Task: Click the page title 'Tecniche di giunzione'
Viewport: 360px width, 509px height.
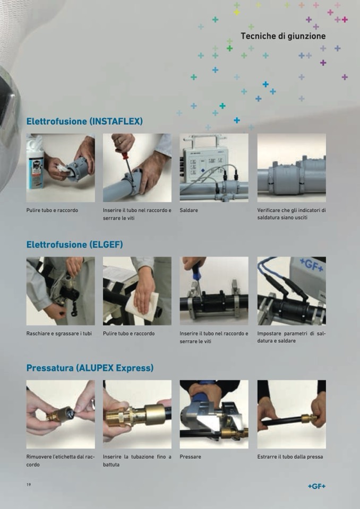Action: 283,36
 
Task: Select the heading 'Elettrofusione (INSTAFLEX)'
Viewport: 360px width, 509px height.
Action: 84,122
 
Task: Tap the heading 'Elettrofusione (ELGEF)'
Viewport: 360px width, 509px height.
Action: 75,245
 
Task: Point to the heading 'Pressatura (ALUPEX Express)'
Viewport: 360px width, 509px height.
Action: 90,368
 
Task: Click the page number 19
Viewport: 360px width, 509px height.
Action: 29,485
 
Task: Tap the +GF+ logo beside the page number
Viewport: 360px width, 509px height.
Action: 316,486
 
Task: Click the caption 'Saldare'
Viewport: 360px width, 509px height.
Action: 188,210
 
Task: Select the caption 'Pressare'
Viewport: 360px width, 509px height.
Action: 190,457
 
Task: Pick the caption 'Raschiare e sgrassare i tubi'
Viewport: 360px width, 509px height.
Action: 59,333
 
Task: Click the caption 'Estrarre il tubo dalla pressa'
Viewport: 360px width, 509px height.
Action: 290,457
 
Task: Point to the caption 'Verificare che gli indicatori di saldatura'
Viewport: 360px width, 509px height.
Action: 292,214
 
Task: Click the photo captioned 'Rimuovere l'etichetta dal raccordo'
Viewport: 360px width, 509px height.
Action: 61,414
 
